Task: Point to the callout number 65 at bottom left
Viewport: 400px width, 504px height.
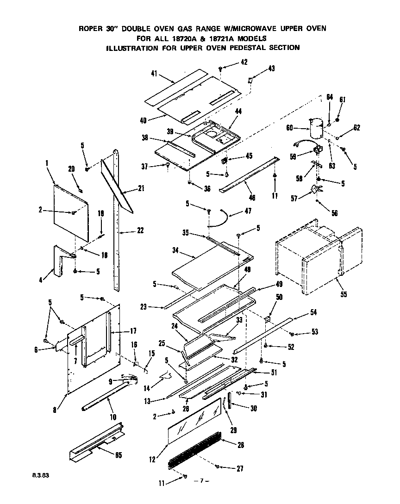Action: pos(118,455)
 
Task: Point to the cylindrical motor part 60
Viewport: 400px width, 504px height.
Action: pos(316,128)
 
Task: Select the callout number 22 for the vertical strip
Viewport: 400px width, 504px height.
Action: pos(140,230)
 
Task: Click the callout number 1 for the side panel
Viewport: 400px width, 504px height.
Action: pos(47,163)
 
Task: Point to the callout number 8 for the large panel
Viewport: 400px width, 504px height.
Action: pos(54,410)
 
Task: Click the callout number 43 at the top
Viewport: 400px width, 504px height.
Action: pos(271,69)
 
